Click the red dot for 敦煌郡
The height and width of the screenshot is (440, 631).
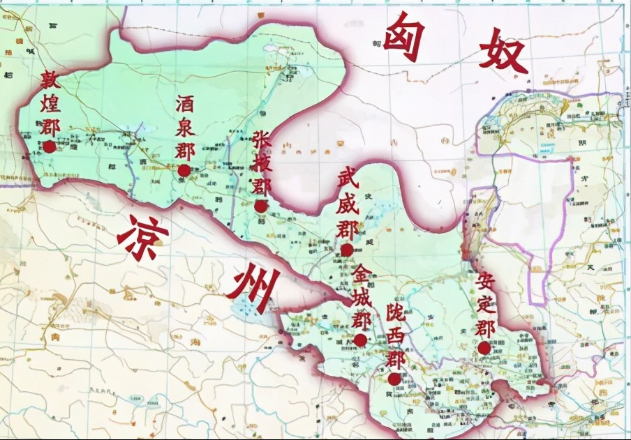[49, 146]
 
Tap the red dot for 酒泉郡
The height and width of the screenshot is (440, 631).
[184, 170]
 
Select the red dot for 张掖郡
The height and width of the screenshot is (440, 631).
[261, 206]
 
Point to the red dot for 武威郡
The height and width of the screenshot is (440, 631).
[347, 250]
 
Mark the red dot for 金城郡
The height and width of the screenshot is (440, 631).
[360, 340]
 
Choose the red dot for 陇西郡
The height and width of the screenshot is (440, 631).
[394, 379]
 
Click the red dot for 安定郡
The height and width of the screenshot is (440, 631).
[484, 347]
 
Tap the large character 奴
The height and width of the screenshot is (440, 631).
[503, 50]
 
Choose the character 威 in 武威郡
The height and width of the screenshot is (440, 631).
[347, 204]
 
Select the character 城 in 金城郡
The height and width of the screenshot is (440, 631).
[361, 296]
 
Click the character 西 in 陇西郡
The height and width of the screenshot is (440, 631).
[396, 338]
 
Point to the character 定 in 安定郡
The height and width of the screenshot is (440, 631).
[486, 305]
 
